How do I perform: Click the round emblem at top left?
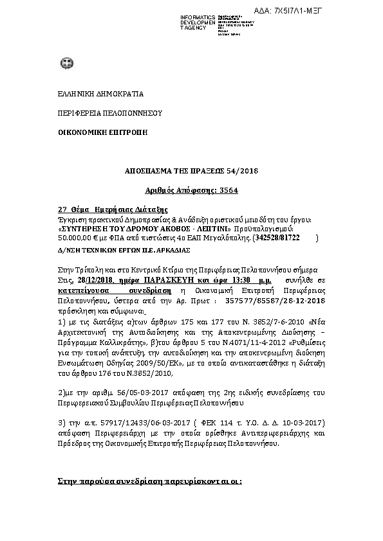pyautogui.click(x=66, y=63)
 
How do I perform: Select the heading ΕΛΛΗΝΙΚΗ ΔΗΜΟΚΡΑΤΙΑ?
pyautogui.click(x=92, y=94)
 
